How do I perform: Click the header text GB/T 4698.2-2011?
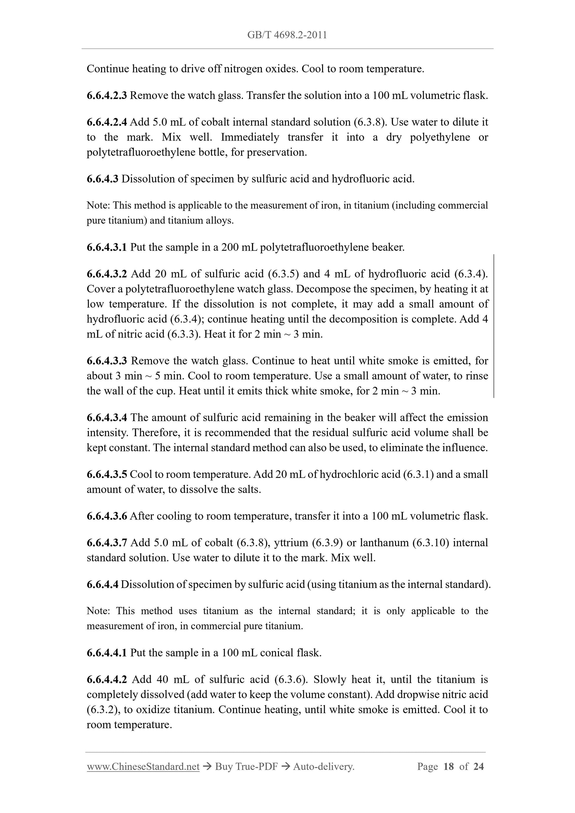coord(287,35)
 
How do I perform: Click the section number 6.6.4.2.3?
coord(107,95)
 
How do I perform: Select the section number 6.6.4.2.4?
coord(107,122)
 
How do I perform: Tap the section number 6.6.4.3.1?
coord(107,247)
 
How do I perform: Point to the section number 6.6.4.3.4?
coord(107,418)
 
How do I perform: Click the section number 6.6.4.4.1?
coord(107,653)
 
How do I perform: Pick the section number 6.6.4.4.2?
coord(107,679)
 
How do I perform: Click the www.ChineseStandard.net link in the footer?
coord(143,767)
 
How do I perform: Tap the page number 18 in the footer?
coord(448,767)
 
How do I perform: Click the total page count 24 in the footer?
coord(479,767)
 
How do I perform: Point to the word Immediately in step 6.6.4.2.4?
coord(250,137)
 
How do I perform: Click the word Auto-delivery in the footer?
coord(324,767)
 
